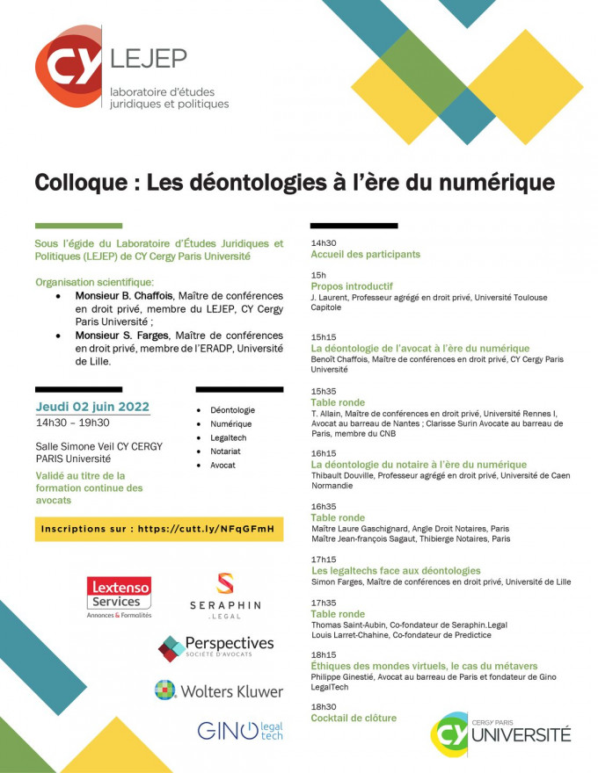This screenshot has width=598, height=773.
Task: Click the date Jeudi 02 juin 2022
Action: coord(92,407)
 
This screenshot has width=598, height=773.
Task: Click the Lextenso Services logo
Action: coord(119,596)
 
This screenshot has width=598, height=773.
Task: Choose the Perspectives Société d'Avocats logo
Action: coord(215,648)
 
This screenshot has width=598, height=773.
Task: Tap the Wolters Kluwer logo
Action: coord(219,690)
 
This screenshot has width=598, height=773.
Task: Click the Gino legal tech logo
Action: coord(239,730)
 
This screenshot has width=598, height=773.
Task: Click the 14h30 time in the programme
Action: coord(324,242)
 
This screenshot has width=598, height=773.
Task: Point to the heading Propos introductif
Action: coord(339,286)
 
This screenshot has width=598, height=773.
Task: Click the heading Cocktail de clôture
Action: coord(354,718)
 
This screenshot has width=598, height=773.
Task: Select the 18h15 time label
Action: coord(324,654)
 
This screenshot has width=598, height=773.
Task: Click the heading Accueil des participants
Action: coord(365,254)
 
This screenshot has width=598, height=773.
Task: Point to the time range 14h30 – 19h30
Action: coord(73,423)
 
